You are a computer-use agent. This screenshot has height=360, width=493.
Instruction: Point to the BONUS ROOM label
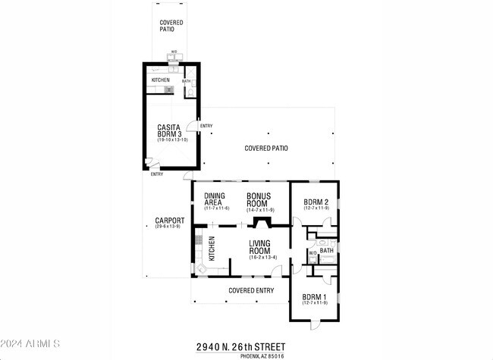tap(259, 199)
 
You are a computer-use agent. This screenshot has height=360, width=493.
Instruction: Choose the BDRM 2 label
tap(315, 202)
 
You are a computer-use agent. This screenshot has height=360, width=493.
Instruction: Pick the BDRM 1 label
tap(314, 296)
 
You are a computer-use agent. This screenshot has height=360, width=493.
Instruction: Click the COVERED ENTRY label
tap(251, 290)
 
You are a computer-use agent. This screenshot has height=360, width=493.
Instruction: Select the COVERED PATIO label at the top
tap(171, 26)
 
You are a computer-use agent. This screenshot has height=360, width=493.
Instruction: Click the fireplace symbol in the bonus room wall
tap(262, 223)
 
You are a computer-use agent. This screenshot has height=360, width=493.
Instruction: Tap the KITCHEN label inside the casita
tap(161, 80)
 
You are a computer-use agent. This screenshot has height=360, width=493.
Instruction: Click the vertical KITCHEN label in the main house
tap(212, 249)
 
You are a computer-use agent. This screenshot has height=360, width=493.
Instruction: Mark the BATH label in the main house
tap(326, 250)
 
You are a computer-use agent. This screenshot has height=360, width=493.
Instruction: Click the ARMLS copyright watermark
tap(30, 345)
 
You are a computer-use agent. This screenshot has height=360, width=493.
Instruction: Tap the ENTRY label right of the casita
tap(206, 126)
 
